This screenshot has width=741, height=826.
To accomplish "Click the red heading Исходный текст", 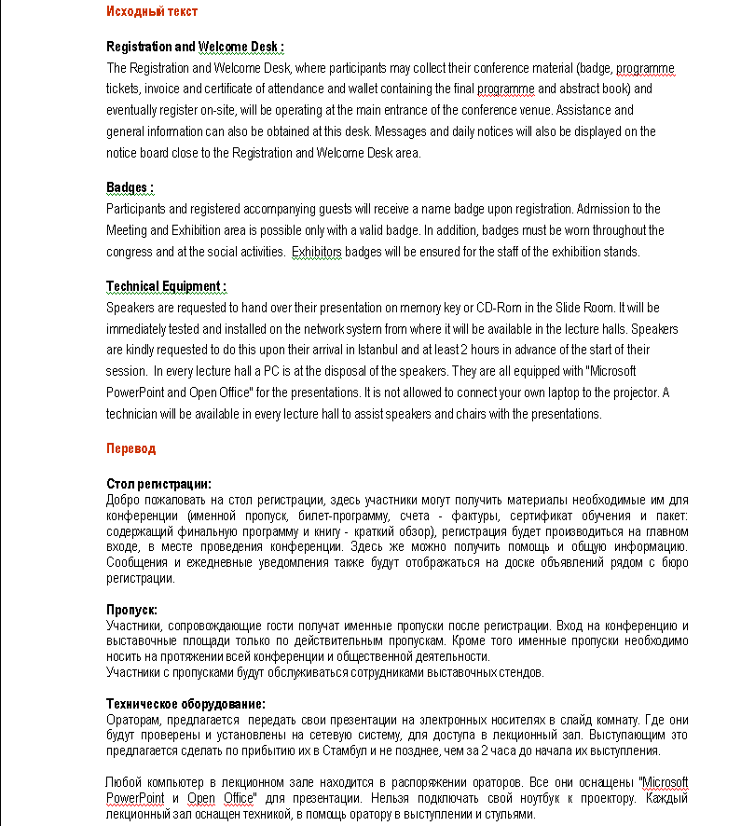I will (151, 11).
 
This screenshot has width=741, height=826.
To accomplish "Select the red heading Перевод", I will (130, 448).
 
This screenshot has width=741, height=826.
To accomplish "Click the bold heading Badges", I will (129, 188).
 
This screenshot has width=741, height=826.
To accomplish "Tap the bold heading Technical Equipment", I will (165, 286).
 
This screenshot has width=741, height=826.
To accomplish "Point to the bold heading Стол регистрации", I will (158, 484).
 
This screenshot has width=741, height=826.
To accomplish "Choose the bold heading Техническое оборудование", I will (185, 704).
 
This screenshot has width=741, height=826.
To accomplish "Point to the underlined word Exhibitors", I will (316, 252).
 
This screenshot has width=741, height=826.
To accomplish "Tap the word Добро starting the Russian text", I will (124, 499).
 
